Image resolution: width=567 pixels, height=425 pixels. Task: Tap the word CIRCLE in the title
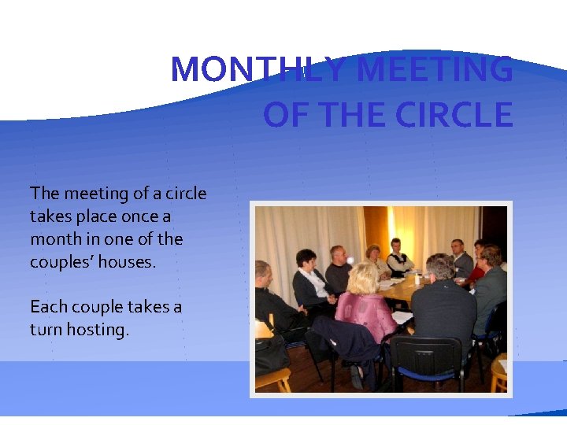[x=454, y=115]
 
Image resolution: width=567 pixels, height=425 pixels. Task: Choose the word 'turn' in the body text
[x=43, y=330]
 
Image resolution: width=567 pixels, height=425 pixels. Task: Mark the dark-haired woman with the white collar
[x=308, y=275]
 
